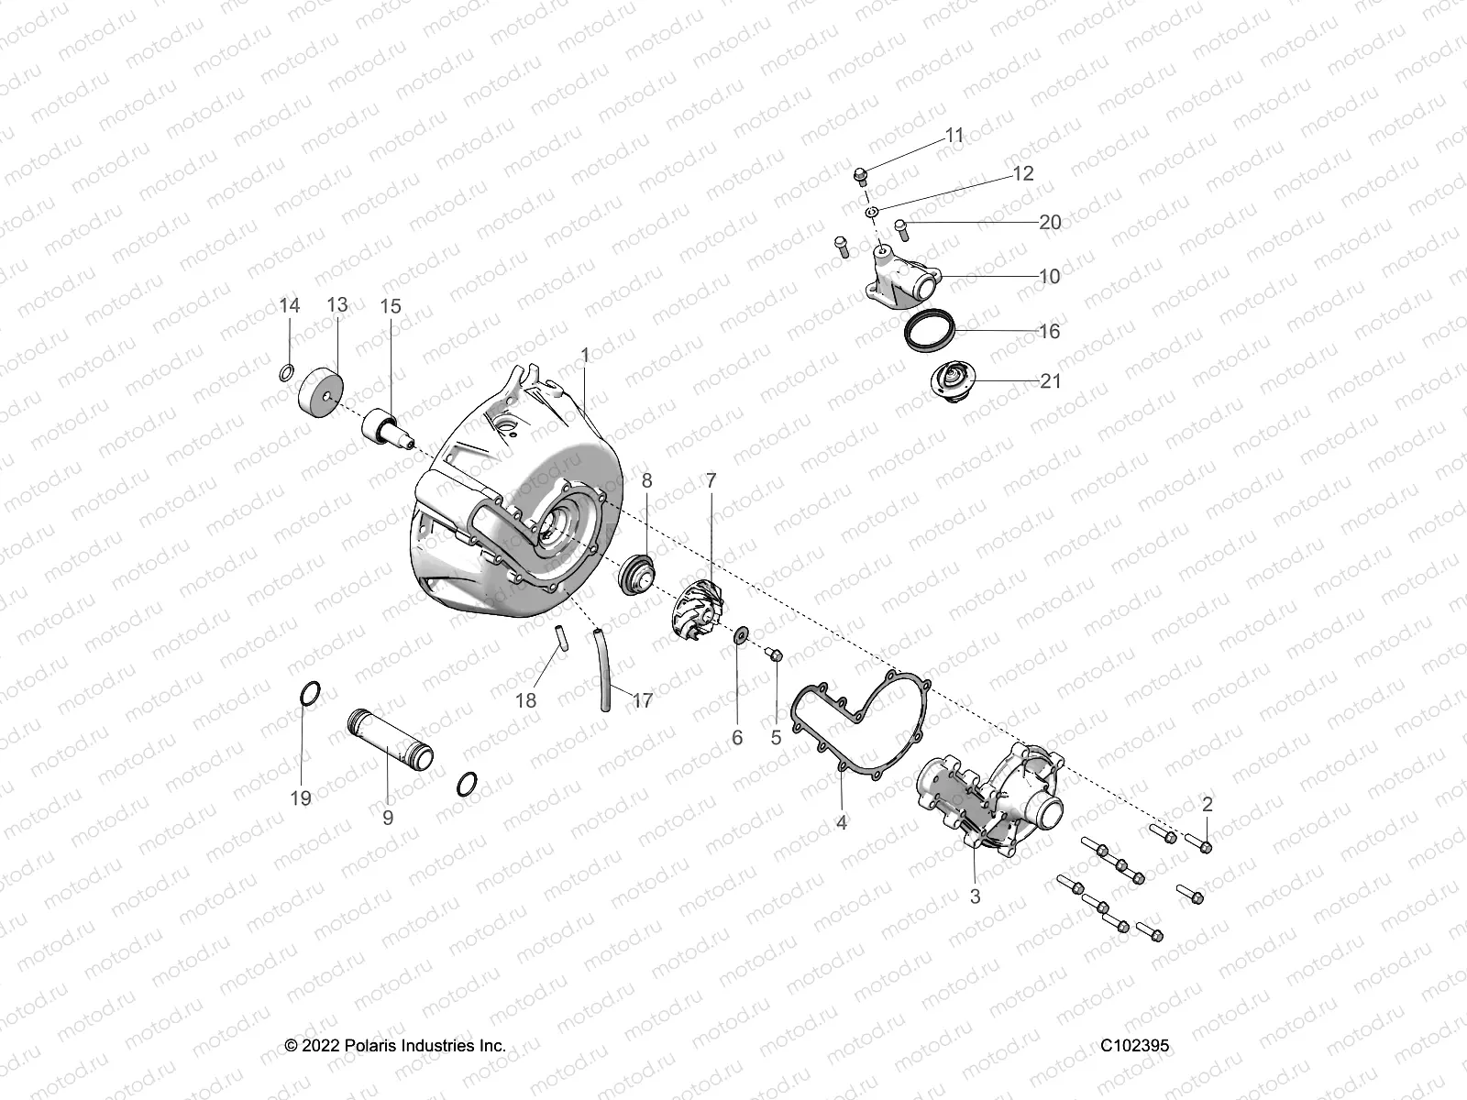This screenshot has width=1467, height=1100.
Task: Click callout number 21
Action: (x=1050, y=380)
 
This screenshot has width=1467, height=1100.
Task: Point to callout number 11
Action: (x=954, y=136)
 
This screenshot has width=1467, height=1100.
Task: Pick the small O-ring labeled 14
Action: (x=286, y=372)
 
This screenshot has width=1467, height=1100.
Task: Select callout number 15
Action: (x=391, y=305)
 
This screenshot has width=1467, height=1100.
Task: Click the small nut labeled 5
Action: (x=775, y=654)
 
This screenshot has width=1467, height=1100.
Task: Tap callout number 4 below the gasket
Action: (x=842, y=822)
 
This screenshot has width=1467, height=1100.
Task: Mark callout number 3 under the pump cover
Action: (x=975, y=896)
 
